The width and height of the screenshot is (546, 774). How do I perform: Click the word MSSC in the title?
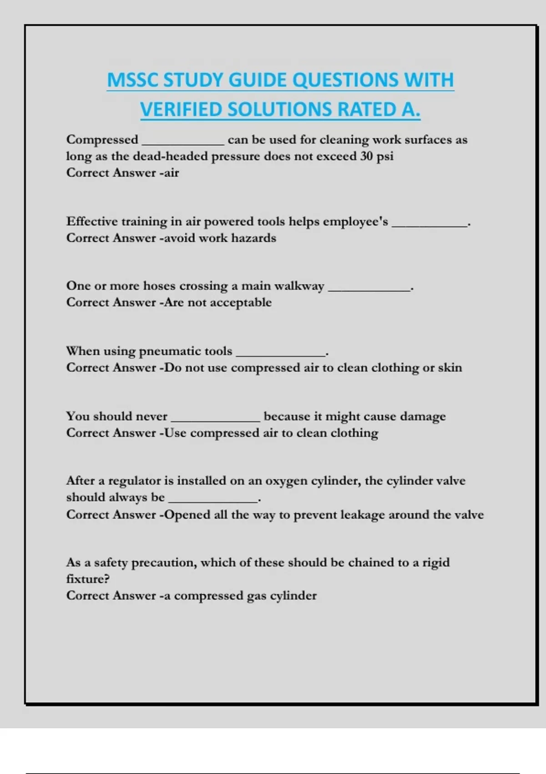[x=132, y=80]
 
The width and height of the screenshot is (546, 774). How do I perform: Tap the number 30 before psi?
[x=366, y=156]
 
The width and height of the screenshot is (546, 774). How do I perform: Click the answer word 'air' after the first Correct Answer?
[x=172, y=173]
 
